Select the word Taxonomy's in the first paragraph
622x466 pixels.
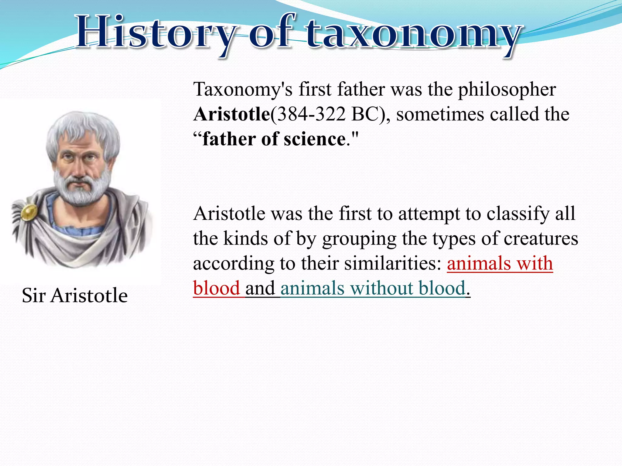(x=243, y=90)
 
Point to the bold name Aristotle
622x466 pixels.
(x=231, y=114)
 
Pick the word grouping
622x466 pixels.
(x=359, y=239)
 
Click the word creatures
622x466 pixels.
(x=541, y=238)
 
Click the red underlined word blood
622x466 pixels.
(x=217, y=288)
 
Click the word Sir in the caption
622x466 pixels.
(x=33, y=295)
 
